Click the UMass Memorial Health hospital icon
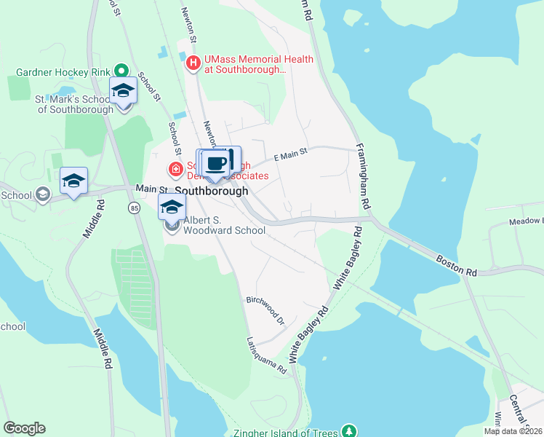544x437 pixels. [193, 63]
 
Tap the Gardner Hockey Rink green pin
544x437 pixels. [122, 71]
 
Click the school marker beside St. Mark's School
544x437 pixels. [124, 92]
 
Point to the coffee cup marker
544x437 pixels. [217, 162]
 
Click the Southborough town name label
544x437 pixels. [212, 190]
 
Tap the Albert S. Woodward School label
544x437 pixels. [223, 225]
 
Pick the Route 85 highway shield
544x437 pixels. [134, 208]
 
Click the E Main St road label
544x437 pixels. [291, 154]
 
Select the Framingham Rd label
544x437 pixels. [363, 177]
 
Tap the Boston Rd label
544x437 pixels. [457, 265]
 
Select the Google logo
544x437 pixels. [24, 428]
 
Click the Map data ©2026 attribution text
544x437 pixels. [513, 431]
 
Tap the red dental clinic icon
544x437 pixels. [175, 170]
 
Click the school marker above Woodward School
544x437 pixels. [172, 207]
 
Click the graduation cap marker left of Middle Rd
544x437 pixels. [73, 181]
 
